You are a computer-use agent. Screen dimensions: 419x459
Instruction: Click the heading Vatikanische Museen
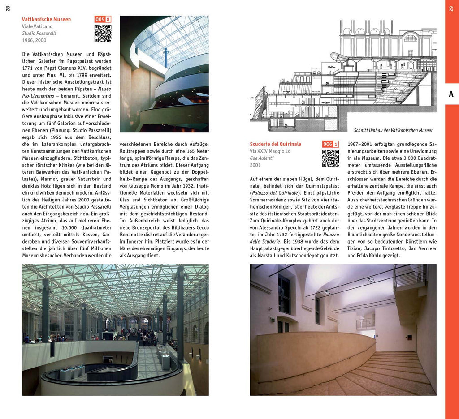pos(46,19)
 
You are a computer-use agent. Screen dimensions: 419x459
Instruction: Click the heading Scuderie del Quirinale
pos(275,144)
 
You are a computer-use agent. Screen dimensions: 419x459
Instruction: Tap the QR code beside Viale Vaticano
pos(103,34)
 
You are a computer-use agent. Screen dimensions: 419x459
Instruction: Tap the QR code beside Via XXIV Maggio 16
pos(330,158)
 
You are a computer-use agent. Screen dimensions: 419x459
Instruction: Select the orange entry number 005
pos(100,19)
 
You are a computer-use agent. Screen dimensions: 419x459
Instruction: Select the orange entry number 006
pos(328,144)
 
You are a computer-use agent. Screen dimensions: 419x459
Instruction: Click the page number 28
pos(8,9)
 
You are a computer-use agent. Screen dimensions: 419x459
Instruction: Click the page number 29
pos(451,9)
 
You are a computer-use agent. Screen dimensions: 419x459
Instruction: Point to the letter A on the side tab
pos(451,94)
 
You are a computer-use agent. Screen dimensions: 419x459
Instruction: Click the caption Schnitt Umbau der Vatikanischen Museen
pos(394,130)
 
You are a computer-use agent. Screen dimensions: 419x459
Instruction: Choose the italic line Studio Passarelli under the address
pos(39,33)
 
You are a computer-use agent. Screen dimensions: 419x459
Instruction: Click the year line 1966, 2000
pos(35,40)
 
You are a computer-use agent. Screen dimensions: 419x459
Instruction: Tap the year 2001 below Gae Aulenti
pos(255,165)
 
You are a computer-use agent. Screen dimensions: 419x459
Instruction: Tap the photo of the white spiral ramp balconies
pos(164,74)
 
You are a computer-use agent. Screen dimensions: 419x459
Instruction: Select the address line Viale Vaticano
pos(37,26)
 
